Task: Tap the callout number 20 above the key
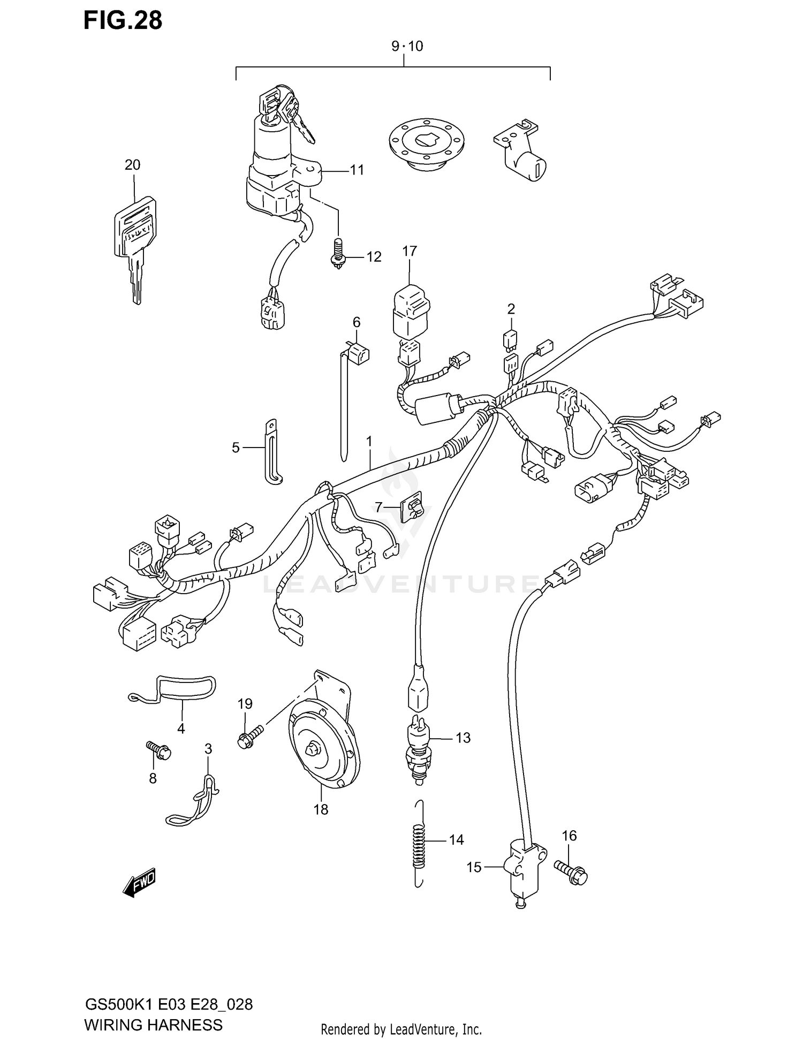pos(132,165)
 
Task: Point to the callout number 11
pos(357,170)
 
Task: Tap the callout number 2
pos(511,309)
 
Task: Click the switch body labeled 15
pos(522,870)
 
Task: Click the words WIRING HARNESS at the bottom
pos(153,1025)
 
